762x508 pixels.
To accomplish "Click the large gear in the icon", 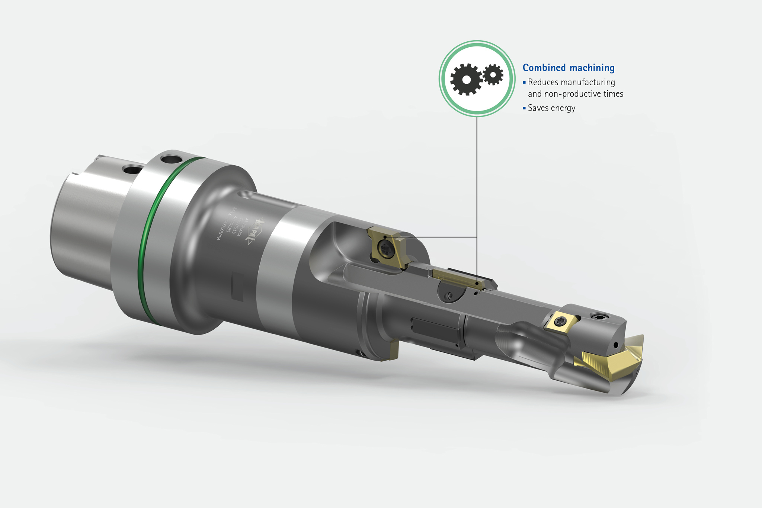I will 466,79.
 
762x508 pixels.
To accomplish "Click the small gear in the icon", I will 493,75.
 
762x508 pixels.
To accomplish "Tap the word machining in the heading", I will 592,68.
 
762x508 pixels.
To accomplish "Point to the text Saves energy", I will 551,108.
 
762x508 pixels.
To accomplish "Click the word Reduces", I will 542,82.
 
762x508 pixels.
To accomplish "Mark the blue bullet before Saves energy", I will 524,108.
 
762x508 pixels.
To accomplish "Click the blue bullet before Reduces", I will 524,82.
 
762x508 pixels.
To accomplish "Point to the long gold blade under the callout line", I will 458,278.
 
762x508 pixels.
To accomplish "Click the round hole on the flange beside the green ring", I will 169,160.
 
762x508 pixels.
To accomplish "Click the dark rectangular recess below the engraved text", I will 237,286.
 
